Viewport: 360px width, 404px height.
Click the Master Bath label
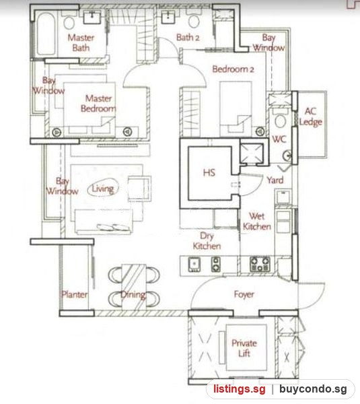coord(81,43)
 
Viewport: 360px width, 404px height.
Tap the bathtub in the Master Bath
coord(46,34)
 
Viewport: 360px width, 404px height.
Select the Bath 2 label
coord(188,38)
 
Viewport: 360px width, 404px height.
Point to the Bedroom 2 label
coord(233,69)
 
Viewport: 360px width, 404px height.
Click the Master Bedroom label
coord(98,103)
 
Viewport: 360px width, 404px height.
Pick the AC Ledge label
coord(311,116)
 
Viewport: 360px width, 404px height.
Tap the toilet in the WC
coord(280,119)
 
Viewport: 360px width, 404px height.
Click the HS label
coord(209,172)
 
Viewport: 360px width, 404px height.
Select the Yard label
coord(275,180)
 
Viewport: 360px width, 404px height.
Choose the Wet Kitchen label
coord(257,221)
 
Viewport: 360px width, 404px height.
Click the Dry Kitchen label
coord(207,240)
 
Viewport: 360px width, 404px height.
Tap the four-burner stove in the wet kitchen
coord(260,264)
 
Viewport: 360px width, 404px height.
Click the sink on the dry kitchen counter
coord(194,265)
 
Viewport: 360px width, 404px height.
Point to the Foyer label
coord(244,294)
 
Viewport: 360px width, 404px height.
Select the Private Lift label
coord(244,348)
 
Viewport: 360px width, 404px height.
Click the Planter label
coord(74,294)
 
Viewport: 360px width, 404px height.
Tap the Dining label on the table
coord(133,294)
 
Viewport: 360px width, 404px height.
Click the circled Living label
coord(103,189)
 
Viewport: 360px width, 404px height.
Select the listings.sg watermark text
coord(240,389)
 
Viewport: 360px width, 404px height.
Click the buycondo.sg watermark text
coord(313,389)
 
